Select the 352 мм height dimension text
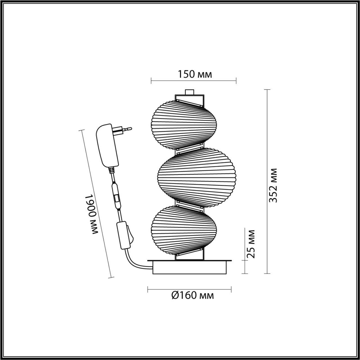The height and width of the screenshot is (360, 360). point(274,185)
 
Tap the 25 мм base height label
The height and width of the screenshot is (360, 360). point(252,244)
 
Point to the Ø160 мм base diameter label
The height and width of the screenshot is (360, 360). point(192,296)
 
